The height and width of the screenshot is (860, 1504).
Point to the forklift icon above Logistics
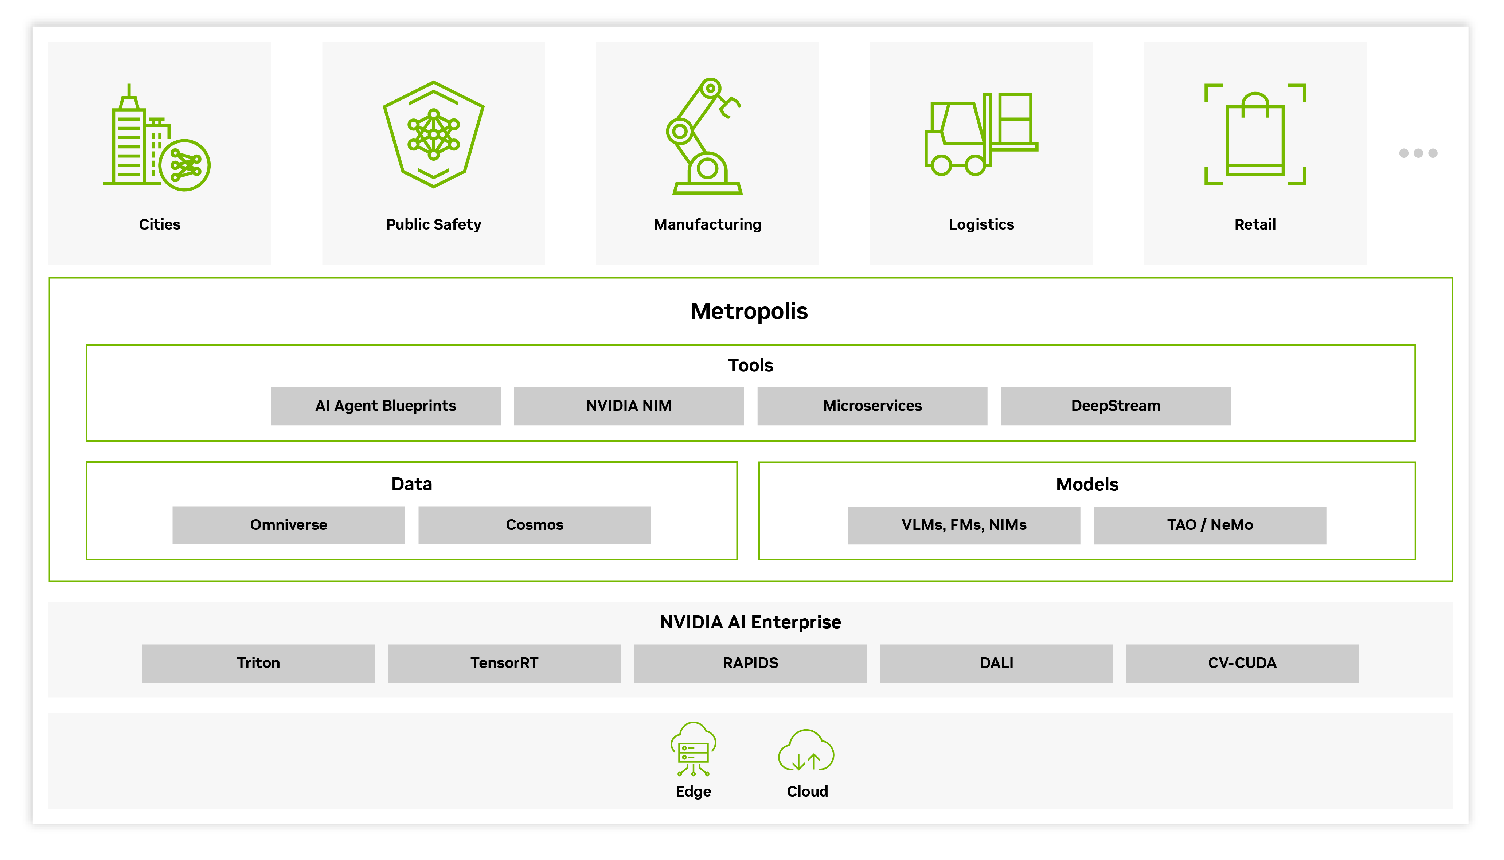(980, 135)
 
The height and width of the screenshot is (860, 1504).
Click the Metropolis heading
(749, 311)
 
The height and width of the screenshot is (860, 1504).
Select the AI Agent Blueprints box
(386, 406)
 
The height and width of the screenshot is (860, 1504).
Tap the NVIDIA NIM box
(629, 406)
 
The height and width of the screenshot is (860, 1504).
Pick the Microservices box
(872, 406)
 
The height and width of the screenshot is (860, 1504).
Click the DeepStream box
(1116, 406)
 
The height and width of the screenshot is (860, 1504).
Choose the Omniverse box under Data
(288, 525)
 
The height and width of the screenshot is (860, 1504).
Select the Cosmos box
(534, 525)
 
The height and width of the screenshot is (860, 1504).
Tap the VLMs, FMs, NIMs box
(964, 525)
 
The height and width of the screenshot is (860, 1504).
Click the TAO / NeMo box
(1209, 525)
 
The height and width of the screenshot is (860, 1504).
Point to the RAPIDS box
(750, 663)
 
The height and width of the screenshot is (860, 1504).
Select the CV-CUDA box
(1242, 663)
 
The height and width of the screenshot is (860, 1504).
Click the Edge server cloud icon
(693, 749)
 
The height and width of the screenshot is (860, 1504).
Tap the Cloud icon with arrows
(806, 751)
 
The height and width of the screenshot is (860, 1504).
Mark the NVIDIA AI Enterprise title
(750, 622)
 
